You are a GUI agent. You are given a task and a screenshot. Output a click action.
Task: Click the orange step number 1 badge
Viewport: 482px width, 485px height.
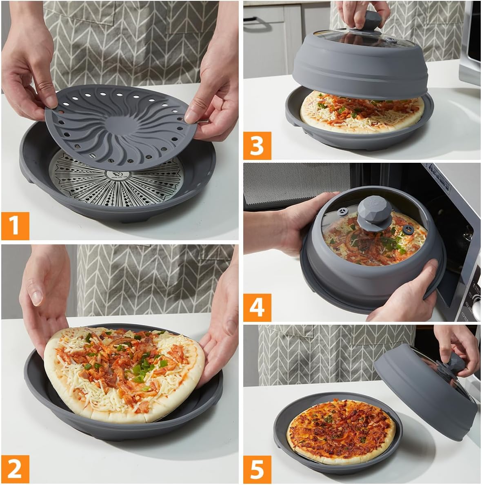click(15, 226)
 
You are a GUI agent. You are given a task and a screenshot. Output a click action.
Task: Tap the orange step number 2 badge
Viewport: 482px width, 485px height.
click(15, 469)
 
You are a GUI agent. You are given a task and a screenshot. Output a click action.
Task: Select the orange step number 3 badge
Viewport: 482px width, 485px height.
click(257, 146)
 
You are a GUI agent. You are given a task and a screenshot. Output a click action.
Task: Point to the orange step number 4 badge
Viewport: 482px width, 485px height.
click(257, 308)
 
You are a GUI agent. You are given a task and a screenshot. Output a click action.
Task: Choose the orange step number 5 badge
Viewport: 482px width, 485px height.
click(257, 469)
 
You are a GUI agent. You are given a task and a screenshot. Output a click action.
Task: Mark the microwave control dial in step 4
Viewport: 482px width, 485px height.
click(477, 304)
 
